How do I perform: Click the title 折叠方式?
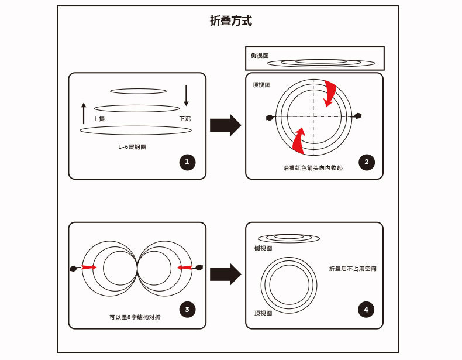coord(231,21)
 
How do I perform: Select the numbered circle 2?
coord(367,163)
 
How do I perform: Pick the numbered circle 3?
coord(187,310)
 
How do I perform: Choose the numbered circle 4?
coord(366,310)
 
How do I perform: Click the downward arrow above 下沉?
coord(186,95)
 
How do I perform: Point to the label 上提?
coord(99,119)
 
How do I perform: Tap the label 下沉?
coord(185,119)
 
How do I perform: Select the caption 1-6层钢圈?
coord(132,147)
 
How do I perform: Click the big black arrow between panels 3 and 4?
coord(225,274)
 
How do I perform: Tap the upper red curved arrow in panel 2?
coord(330,93)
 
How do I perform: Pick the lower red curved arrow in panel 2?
coord(298,141)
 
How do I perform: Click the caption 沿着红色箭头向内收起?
coord(313,168)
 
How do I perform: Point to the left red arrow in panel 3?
coord(89,268)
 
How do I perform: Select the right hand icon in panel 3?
coord(199,268)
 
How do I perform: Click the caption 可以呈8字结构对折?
coord(135,317)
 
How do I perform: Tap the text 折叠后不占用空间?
coord(353,269)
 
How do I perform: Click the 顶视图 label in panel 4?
coord(263,313)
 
